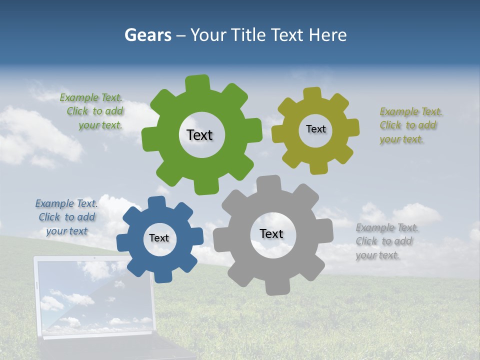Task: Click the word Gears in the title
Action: point(148,35)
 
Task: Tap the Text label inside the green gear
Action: point(199,135)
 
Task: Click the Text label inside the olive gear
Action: point(315,129)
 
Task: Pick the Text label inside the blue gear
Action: point(159,238)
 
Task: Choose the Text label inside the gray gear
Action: point(271,233)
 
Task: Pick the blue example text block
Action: point(66,217)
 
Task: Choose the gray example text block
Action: point(386,241)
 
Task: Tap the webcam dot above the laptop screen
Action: point(94,258)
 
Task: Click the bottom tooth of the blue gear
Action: point(162,275)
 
